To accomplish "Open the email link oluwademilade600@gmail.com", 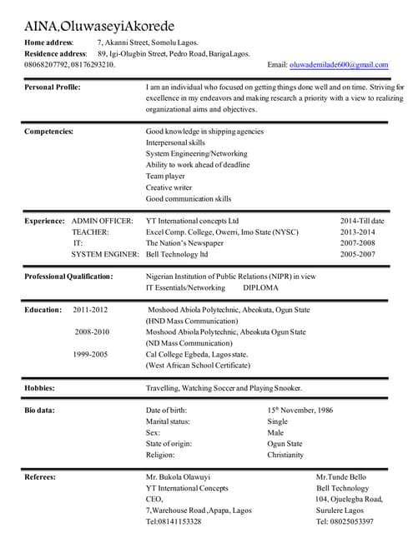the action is point(339,64).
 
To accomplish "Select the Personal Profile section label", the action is point(53,87).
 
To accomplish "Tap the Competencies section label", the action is point(48,131).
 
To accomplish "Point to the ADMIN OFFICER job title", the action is point(102,221).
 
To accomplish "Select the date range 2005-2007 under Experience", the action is point(357,253).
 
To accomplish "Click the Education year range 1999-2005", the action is point(90,354).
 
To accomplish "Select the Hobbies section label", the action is point(39,388).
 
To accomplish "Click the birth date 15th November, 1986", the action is point(300,411).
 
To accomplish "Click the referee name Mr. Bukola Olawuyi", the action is point(179,477).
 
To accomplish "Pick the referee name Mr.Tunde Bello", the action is point(341,477).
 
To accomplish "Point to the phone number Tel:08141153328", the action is point(174,521).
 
